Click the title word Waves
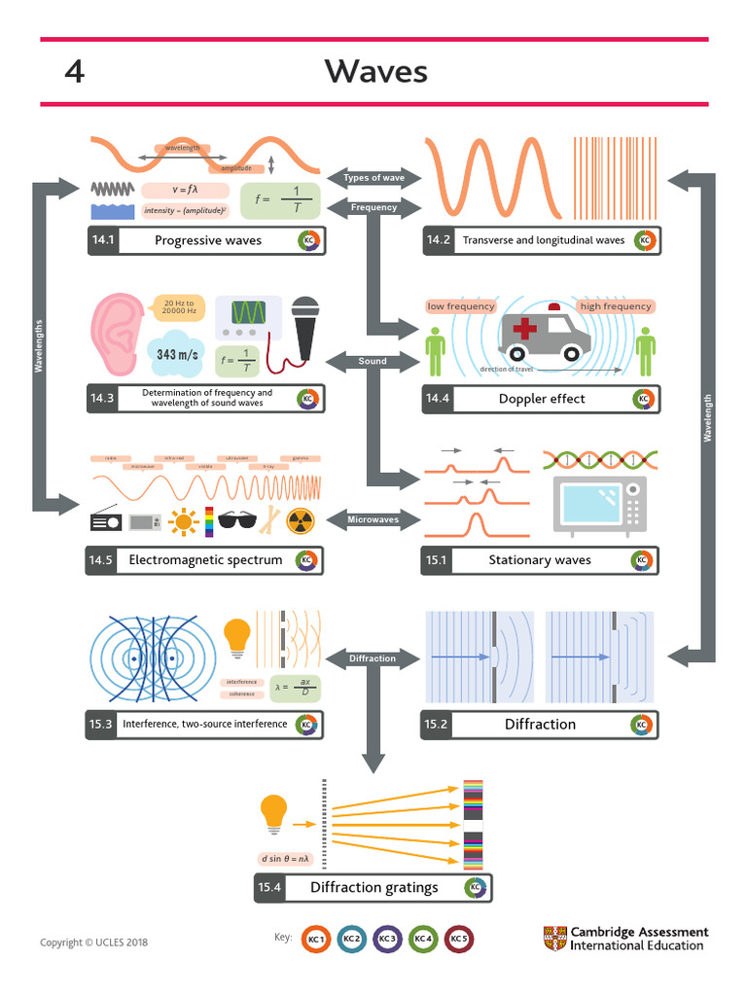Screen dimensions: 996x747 point(375,71)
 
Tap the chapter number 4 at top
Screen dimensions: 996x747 point(74,71)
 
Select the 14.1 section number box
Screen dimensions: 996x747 point(102,240)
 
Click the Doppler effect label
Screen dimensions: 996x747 point(542,399)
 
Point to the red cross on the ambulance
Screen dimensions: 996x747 point(525,329)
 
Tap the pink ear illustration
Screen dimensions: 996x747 point(118,336)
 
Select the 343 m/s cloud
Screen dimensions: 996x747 point(177,354)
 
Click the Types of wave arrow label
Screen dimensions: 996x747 point(373,178)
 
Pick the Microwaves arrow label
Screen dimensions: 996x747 point(373,519)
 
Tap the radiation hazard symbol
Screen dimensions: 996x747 point(301,522)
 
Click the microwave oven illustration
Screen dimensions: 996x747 point(599,503)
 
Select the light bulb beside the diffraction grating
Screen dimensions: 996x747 point(274,813)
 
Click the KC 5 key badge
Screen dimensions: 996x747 point(458,939)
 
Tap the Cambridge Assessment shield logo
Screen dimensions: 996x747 point(554,939)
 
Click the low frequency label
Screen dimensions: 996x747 point(461,306)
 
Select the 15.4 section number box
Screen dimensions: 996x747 point(269,887)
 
